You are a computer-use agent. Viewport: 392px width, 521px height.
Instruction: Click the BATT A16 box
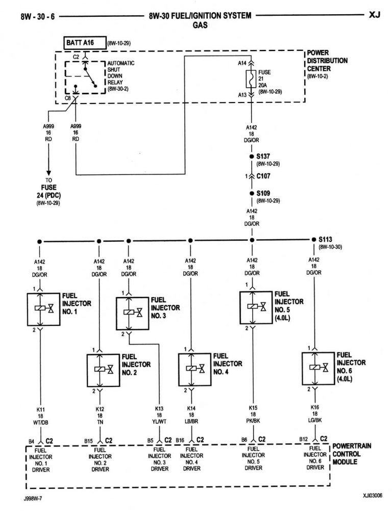tap(85, 43)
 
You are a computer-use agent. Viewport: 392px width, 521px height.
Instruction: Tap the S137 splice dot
tap(252, 157)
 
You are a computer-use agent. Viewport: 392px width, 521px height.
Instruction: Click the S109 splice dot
tap(252, 194)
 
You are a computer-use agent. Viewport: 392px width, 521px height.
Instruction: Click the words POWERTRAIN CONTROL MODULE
tap(352, 454)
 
